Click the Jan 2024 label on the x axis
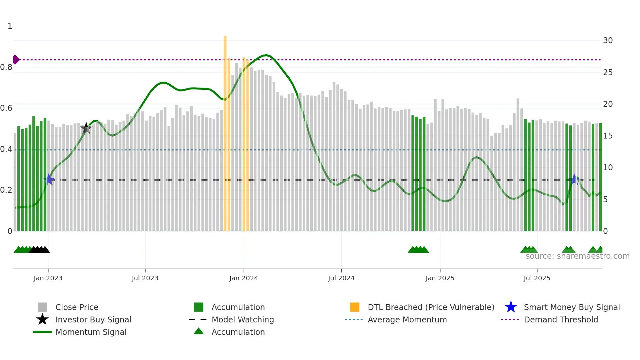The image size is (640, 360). (x=244, y=278)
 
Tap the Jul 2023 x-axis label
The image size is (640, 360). (x=145, y=278)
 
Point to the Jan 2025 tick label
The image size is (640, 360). (x=440, y=278)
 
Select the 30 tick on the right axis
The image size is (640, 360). (x=608, y=41)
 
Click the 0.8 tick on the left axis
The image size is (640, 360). (x=6, y=67)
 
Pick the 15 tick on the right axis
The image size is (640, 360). (x=608, y=136)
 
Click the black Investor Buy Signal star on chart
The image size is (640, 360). (x=86, y=128)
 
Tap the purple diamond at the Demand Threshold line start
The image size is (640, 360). (x=16, y=59)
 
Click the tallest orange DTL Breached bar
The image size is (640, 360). (x=225, y=131)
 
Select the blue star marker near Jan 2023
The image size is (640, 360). (x=49, y=179)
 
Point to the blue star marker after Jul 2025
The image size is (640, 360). (x=574, y=179)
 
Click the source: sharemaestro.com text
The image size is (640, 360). (x=577, y=256)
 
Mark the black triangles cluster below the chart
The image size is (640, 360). (x=39, y=250)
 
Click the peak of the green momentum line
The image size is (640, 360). (x=266, y=55)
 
